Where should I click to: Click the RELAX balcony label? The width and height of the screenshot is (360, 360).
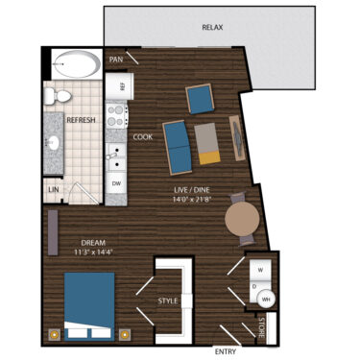coord(213,28)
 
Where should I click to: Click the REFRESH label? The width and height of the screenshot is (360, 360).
coord(80,120)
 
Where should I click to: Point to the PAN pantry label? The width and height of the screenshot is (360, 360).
coord(116,60)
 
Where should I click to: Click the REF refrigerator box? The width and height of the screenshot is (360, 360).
coord(122,85)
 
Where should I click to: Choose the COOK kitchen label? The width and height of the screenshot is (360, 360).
coord(142,136)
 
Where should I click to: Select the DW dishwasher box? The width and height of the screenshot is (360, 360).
coord(116,181)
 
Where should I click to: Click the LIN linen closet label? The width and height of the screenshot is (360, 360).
coord(53,192)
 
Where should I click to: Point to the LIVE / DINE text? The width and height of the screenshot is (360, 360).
coord(191,193)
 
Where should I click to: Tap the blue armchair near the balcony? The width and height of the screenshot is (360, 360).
coord(201,98)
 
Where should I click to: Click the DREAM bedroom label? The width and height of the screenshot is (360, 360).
coord(93,243)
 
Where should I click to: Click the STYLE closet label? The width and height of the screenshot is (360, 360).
coord(168,301)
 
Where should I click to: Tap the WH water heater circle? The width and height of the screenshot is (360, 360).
coord(266,299)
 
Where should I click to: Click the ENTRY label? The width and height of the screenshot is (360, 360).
coord(227,351)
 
